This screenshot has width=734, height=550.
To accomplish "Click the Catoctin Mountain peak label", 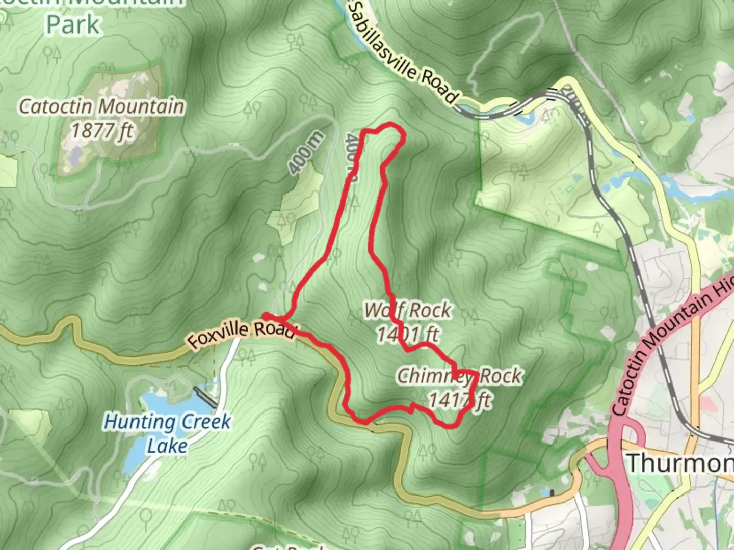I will [x=102, y=107].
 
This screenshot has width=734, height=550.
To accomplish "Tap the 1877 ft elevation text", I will [x=102, y=131].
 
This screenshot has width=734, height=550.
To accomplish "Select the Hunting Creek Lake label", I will [x=167, y=433].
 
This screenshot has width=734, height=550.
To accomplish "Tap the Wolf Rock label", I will [x=408, y=310].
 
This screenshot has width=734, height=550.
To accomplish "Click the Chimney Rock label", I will [x=459, y=376].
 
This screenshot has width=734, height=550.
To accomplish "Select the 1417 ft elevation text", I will [x=460, y=400].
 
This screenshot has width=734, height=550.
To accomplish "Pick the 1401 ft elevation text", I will [x=408, y=334].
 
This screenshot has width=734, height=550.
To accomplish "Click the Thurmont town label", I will [x=680, y=463].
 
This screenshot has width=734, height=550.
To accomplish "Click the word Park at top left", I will [x=73, y=24].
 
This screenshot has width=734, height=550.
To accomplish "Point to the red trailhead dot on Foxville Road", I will [x=266, y=316].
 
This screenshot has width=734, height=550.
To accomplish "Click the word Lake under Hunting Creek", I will [x=167, y=446].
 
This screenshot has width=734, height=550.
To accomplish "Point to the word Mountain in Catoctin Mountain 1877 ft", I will [x=142, y=107].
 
